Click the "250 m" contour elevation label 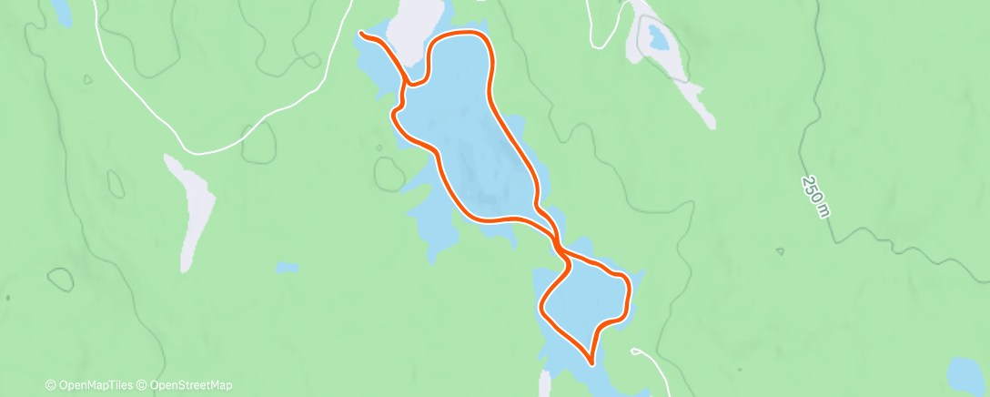(816, 197)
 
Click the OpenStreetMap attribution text (190, 385)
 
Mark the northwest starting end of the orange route (362, 34)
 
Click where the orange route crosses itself (556, 244)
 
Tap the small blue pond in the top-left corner (61, 11)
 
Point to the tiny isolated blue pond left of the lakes (287, 268)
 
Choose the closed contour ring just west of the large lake (390, 173)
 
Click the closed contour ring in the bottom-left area (60, 280)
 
